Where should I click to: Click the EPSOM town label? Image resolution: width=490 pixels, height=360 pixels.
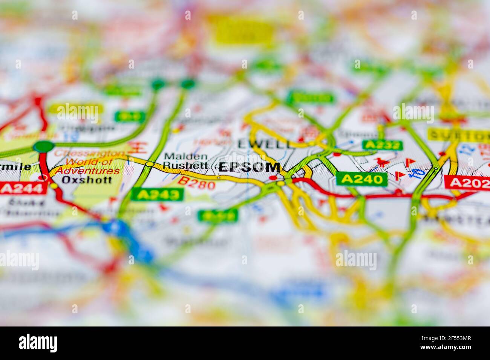click(x=250, y=168)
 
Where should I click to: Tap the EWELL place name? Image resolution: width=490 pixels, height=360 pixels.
click(x=265, y=143)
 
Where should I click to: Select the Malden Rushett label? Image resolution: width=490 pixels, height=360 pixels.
click(x=185, y=161)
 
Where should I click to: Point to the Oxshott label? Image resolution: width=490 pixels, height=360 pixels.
click(x=87, y=180)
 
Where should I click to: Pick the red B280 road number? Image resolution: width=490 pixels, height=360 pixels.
click(x=197, y=183)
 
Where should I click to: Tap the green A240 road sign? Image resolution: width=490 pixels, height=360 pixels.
click(x=361, y=179)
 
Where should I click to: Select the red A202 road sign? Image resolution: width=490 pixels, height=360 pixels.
click(x=467, y=182)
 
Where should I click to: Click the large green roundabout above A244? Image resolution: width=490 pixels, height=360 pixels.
click(x=44, y=146)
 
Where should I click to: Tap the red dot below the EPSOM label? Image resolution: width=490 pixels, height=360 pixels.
click(x=274, y=178)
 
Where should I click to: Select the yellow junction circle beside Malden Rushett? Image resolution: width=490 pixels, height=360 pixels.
click(x=150, y=164)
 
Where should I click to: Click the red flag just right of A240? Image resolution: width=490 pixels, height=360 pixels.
click(x=398, y=175)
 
